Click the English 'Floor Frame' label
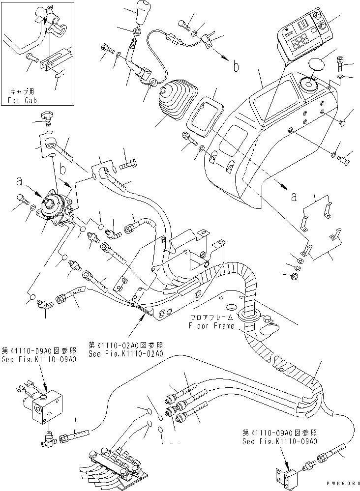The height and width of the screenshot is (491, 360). [210, 326]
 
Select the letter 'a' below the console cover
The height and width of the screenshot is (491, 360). [294, 197]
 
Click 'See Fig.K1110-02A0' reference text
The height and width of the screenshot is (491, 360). [125, 353]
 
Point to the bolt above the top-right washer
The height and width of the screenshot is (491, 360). [343, 63]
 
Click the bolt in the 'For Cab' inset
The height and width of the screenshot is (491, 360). [32, 58]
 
